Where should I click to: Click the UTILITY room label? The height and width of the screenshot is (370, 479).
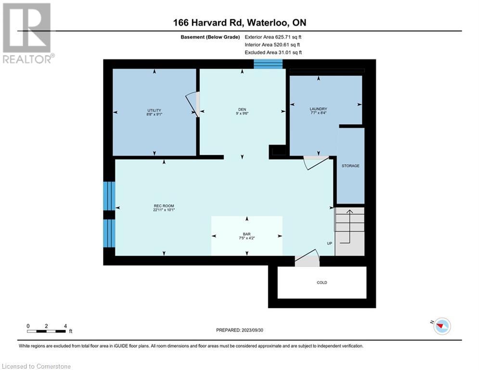pyautogui.click(x=155, y=110)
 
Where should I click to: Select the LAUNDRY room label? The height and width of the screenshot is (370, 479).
pyautogui.click(x=318, y=109)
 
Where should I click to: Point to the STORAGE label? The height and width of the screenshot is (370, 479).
pyautogui.click(x=350, y=166)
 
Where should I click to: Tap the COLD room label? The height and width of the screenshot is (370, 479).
pyautogui.click(x=322, y=282)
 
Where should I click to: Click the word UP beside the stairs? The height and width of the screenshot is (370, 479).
pyautogui.click(x=330, y=243)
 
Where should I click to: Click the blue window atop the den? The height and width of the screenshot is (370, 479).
pyautogui.click(x=268, y=64)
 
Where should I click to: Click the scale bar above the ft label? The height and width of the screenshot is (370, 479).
pyautogui.click(x=47, y=331)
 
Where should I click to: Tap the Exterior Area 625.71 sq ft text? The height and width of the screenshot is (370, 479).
pyautogui.click(x=273, y=37)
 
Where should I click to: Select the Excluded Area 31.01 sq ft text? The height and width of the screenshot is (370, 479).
pyautogui.click(x=273, y=52)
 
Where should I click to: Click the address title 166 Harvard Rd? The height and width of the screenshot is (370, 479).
pyautogui.click(x=239, y=23)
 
